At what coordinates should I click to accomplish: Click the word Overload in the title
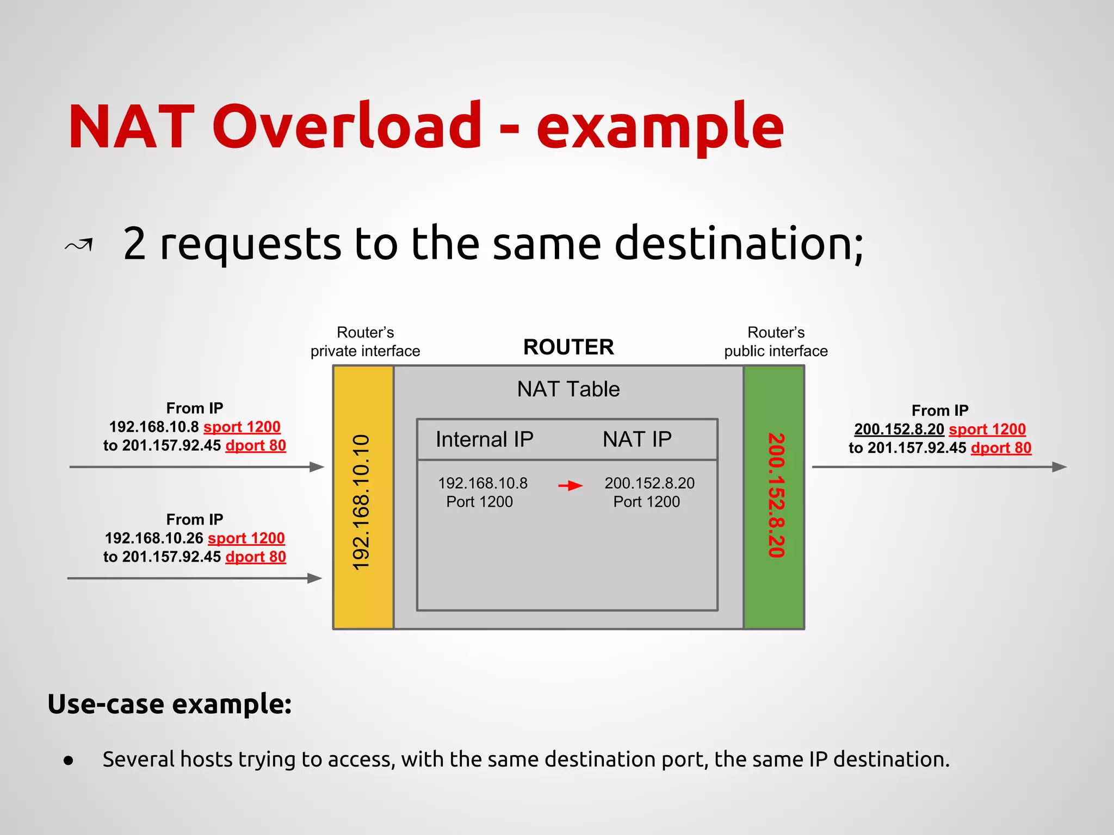pos(346,126)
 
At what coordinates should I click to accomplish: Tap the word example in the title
pos(660,126)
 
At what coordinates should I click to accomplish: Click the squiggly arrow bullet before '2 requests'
pos(79,246)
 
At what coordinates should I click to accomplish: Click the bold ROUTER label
pos(568,347)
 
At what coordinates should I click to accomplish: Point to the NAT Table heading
pos(568,389)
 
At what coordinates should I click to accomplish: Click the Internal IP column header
pos(484,439)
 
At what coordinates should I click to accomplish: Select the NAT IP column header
pos(637,439)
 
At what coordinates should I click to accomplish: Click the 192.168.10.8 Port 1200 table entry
pos(482,492)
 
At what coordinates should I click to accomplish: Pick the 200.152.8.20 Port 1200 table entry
pos(649,492)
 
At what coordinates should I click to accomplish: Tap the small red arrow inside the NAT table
pos(571,485)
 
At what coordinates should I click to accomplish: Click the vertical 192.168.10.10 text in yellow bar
pos(362,502)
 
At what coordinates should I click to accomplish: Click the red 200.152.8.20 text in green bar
pos(776,495)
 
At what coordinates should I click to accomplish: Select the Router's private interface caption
pos(365,342)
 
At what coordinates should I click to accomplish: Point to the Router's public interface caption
pos(776,342)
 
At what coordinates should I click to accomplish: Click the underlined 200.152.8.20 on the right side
pos(899,429)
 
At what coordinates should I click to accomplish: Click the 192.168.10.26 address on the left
pos(154,538)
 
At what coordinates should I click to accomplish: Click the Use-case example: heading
pos(170,704)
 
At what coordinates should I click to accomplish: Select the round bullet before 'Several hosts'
pos(69,761)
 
